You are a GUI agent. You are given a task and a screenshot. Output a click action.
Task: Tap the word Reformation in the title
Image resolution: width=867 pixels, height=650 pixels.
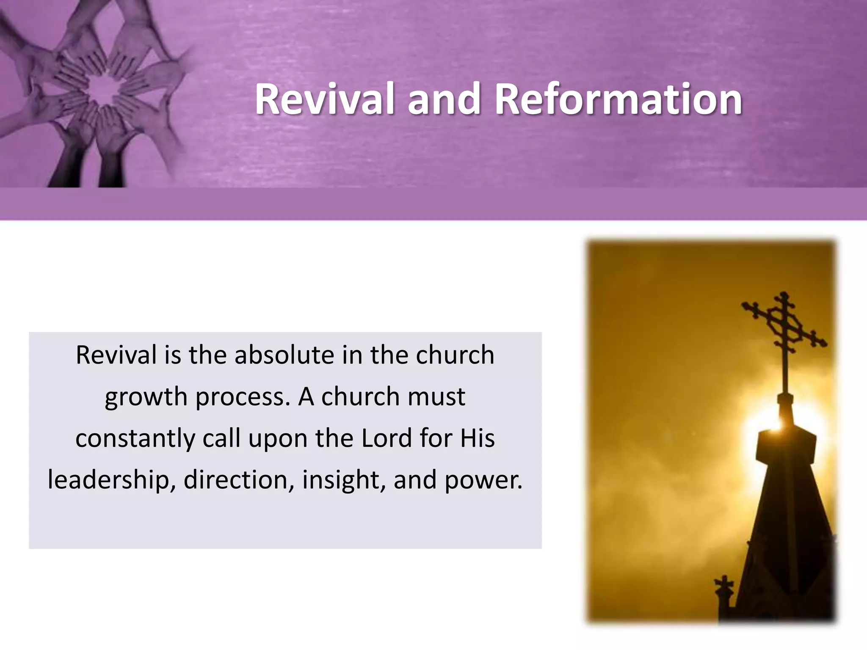click(x=618, y=99)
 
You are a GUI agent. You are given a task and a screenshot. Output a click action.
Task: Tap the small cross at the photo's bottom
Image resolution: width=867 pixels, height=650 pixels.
click(x=724, y=586)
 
